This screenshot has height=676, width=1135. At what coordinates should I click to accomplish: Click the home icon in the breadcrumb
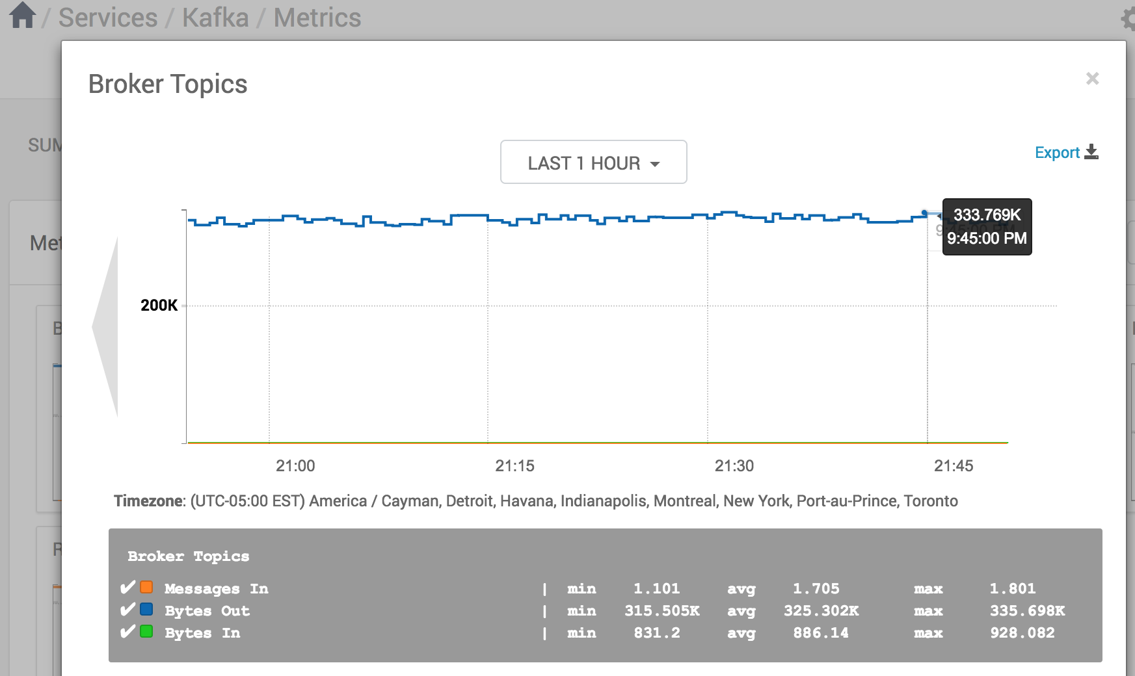point(23,16)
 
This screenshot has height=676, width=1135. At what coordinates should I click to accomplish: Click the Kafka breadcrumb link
point(215,18)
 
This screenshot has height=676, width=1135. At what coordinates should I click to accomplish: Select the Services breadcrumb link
point(108,18)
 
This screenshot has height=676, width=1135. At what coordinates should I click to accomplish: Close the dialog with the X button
point(1092,79)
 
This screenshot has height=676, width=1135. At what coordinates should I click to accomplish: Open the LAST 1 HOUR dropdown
point(593,162)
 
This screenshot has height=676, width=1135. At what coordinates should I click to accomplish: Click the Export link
point(1065,153)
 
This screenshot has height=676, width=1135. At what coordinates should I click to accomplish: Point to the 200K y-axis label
point(159,305)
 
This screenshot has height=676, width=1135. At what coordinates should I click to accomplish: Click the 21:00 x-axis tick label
point(295,466)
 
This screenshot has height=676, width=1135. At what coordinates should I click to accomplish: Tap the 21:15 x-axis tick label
point(514,466)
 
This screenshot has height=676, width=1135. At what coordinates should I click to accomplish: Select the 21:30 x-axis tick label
point(734,466)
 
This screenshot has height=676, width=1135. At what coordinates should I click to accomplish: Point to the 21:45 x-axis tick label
point(954,466)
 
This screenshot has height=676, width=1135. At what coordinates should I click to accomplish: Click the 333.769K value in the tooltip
point(987,215)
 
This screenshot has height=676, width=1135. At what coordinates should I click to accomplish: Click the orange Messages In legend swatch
point(147,588)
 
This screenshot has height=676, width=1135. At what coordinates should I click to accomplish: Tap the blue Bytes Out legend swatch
point(147,610)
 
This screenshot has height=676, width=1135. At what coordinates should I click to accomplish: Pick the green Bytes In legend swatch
point(147,632)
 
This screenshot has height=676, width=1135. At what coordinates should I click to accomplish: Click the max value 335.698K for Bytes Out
point(1027,611)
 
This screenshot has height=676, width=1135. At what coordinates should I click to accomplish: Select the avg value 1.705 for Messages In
point(816,589)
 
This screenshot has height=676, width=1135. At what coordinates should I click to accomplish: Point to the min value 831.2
point(657,633)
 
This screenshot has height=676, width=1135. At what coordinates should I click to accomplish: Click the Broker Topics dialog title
point(168,84)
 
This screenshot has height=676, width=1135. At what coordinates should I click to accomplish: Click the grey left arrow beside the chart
point(106,327)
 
